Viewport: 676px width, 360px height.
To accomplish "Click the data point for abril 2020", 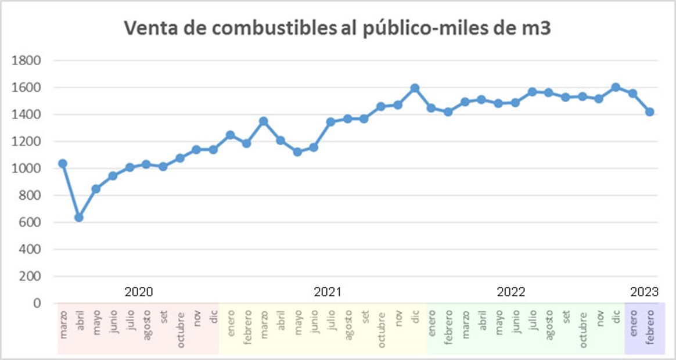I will tap(79, 217).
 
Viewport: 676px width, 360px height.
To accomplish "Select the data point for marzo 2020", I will tap(63, 164).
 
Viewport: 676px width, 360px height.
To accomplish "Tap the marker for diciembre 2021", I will tap(415, 88).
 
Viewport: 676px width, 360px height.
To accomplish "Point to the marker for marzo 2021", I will tap(263, 121).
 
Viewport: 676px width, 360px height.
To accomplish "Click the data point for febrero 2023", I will tap(650, 112).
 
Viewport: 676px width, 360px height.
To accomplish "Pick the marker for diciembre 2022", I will tap(616, 87).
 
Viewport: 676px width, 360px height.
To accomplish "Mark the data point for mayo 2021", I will tap(297, 152).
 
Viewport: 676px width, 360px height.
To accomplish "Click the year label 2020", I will tap(139, 291).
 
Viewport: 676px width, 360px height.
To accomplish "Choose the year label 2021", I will tap(328, 291).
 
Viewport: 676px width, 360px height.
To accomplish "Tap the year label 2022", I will tap(511, 291).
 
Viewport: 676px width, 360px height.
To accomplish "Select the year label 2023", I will tap(645, 291).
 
